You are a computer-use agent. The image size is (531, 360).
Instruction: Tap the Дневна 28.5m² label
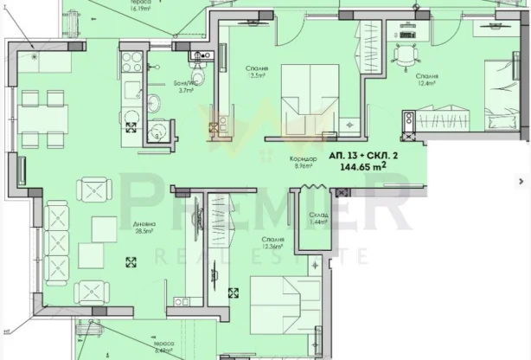(143, 228)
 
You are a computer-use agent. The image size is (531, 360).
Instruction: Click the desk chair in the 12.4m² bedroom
(403, 55)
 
